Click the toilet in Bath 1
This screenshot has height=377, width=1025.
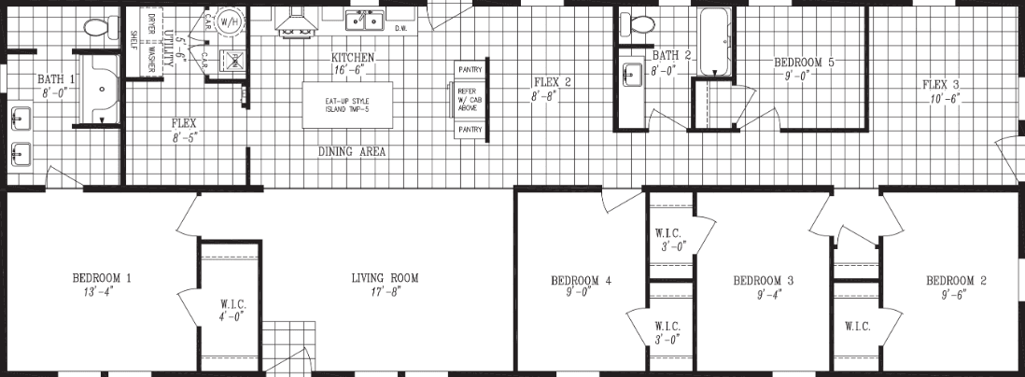tap(95, 29)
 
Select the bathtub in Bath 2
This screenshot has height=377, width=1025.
tap(715, 43)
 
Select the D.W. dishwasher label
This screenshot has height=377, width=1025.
tap(400, 29)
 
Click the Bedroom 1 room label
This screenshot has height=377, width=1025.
tap(102, 278)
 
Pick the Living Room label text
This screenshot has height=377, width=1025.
tap(385, 278)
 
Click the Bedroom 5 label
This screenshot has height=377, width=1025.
tap(804, 63)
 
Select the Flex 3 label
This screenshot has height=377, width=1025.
tap(944, 85)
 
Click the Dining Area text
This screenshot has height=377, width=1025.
tap(352, 152)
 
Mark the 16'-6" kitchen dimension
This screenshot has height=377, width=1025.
tap(353, 70)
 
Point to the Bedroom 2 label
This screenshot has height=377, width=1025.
tap(956, 281)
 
